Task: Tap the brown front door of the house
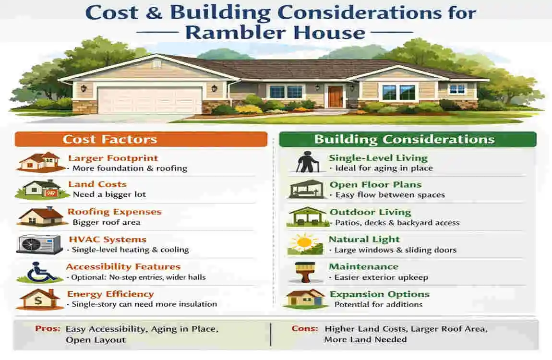tap(336, 96)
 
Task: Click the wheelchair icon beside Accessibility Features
tap(39, 272)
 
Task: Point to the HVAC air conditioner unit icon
tap(39, 244)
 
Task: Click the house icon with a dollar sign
tap(39, 299)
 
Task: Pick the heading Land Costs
tap(97, 184)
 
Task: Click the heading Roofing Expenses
tap(114, 212)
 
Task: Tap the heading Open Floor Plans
tap(375, 185)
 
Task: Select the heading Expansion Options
tap(379, 294)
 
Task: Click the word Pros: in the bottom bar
tap(48, 329)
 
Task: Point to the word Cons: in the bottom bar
tap(304, 329)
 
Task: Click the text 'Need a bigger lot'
tap(109, 195)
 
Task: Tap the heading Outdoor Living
tap(370, 212)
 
